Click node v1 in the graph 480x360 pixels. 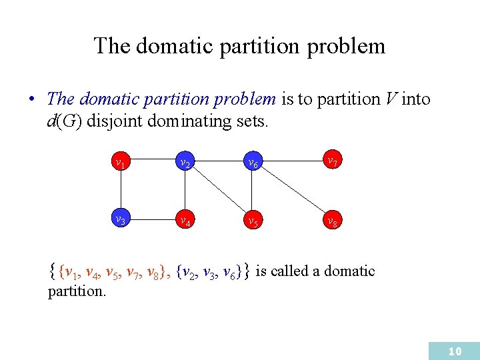pyautogui.click(x=120, y=162)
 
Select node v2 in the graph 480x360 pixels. pyautogui.click(x=182, y=162)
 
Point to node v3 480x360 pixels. pyautogui.click(x=120, y=219)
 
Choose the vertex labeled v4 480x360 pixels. pyautogui.click(x=182, y=220)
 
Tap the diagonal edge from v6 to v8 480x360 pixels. pyautogui.click(x=291, y=191)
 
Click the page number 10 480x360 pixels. pyautogui.click(x=455, y=351)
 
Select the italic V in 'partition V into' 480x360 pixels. pyautogui.click(x=391, y=99)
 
